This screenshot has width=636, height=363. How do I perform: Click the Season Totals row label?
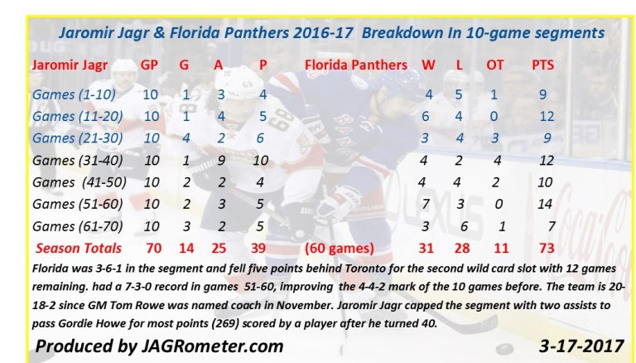coord(78,247)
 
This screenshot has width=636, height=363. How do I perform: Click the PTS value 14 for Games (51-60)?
coord(544,203)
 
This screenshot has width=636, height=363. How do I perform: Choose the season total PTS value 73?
coord(544,247)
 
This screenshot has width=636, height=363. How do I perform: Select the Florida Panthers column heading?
coord(356,64)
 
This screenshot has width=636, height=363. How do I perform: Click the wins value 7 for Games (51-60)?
coord(428,203)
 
